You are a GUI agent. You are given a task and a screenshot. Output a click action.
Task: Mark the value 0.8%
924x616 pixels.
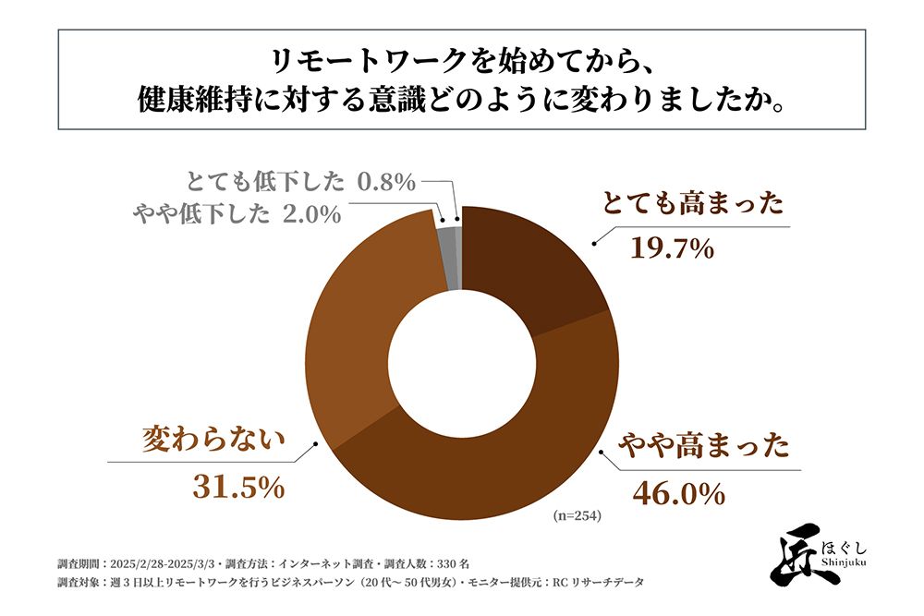tap(387, 181)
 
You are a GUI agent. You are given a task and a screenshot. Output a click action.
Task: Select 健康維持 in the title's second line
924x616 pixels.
tap(184, 99)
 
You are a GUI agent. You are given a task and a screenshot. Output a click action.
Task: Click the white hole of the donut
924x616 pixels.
tap(461, 363)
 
